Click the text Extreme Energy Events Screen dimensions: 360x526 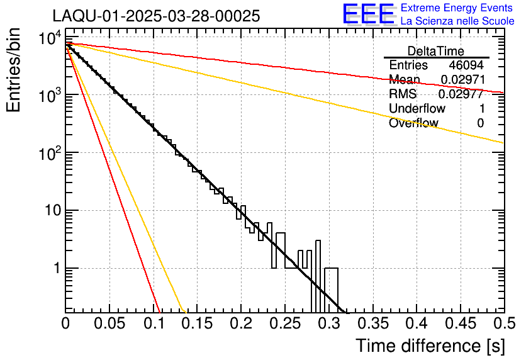tap(457, 8)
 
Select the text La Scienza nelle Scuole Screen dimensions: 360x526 tap(457, 21)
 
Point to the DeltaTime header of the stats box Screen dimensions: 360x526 tap(436, 51)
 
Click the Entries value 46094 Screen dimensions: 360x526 tap(466, 65)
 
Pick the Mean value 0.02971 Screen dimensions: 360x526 tap(461, 80)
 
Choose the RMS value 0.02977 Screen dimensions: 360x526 tap(461, 94)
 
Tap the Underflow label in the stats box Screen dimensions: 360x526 tap(417, 109)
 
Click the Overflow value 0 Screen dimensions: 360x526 tap(480, 123)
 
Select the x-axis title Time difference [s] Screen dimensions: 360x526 tap(430, 346)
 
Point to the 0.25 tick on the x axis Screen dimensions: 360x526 tap(285, 324)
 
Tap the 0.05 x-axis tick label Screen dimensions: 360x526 tap(110, 324)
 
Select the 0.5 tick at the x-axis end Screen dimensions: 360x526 tap(503, 324)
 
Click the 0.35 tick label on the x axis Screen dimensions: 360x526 tap(372, 324)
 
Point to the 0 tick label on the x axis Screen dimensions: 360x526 tap(66, 324)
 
